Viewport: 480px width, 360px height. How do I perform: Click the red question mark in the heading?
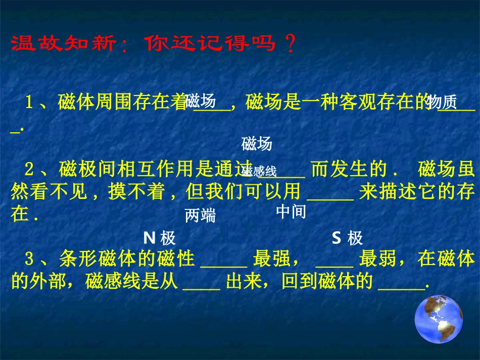tap(290, 44)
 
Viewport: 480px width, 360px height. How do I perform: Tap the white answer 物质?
tap(441, 102)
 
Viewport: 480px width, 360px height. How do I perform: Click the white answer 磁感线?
tap(259, 171)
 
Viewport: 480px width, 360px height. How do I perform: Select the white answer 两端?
tap(200, 216)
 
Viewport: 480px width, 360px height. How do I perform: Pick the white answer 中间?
tap(292, 212)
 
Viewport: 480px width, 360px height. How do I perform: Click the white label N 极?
tap(160, 238)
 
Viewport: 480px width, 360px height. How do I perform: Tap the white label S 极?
tap(347, 238)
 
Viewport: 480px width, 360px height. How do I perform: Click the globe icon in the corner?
tap(439, 319)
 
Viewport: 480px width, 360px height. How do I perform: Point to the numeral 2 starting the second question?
tap(29, 169)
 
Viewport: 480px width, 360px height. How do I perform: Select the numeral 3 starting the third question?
tap(29, 260)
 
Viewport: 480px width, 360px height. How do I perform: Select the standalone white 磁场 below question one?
tap(257, 144)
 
